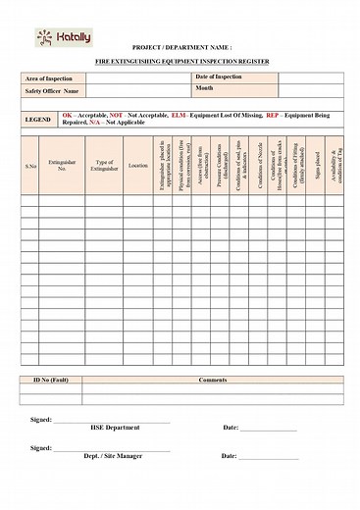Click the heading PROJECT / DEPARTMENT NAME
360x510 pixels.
(180, 47)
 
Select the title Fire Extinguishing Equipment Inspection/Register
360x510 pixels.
(180, 61)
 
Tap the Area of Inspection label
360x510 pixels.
(49, 78)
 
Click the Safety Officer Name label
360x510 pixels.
(51, 91)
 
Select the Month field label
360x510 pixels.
(205, 88)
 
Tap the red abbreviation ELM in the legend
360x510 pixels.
(178, 115)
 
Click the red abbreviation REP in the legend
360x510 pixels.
(273, 115)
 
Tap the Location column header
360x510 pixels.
(138, 166)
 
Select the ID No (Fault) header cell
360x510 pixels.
(50, 380)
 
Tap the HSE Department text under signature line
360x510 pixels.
(116, 428)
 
